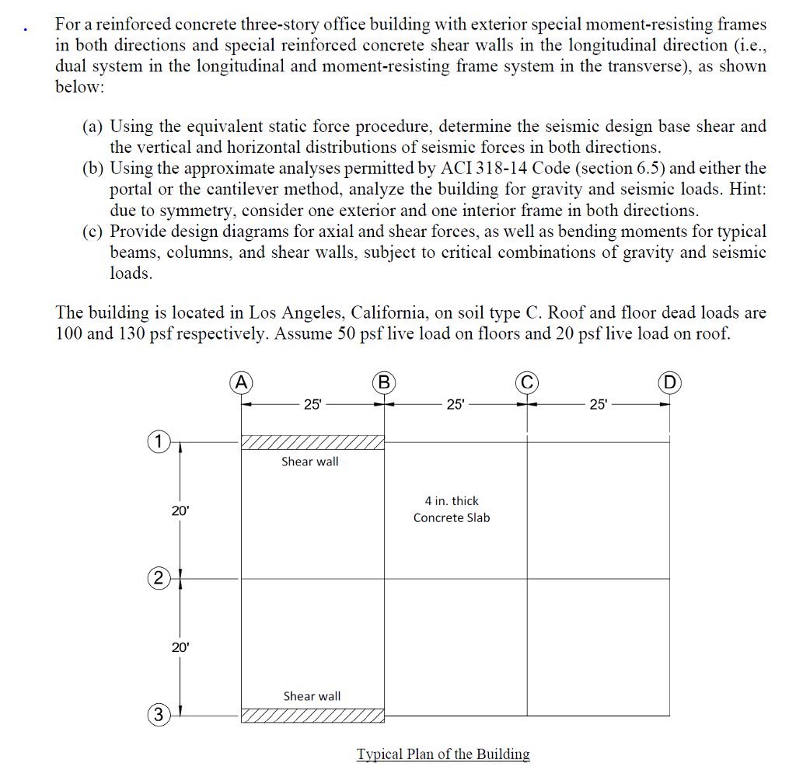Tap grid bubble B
click(384, 382)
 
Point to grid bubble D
click(669, 382)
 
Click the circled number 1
click(157, 442)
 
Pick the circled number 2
click(157, 578)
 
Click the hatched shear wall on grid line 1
click(312, 442)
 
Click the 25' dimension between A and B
click(312, 404)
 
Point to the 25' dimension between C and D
click(598, 404)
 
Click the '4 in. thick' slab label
click(452, 501)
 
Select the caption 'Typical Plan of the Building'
click(443, 754)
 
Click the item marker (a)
click(93, 127)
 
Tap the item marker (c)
click(93, 232)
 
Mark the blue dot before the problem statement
click(27, 31)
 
